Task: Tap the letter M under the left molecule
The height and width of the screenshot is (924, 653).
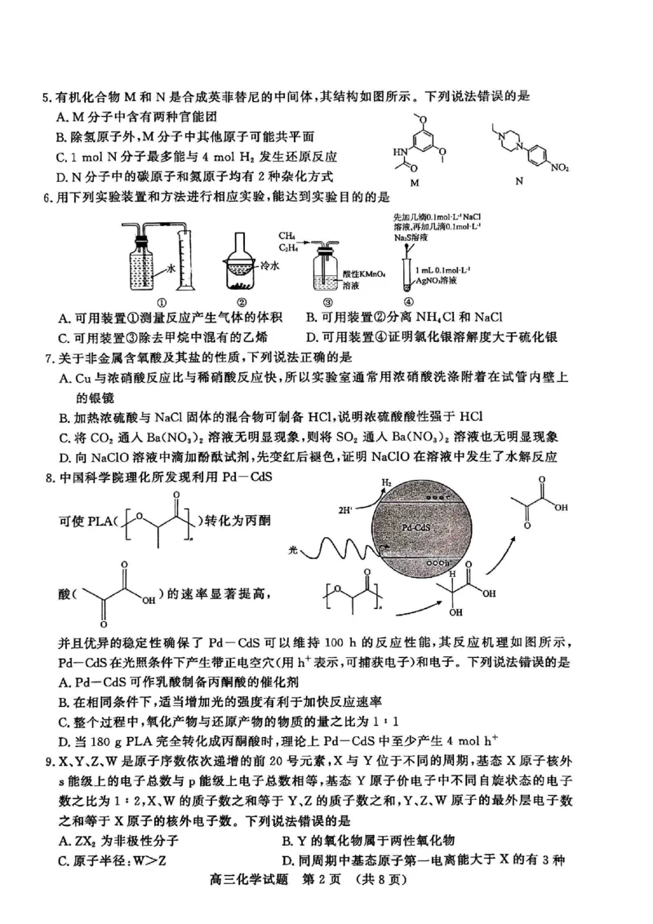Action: (414, 183)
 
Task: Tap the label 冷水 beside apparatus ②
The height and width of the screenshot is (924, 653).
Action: (271, 266)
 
